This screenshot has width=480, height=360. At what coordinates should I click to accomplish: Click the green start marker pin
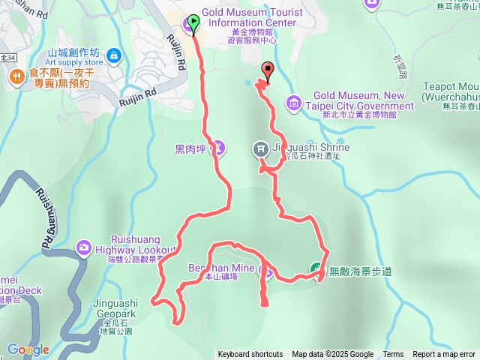point(195,24)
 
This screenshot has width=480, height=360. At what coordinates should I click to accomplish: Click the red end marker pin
point(267,71)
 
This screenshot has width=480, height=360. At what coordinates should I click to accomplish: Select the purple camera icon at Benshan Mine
point(264,268)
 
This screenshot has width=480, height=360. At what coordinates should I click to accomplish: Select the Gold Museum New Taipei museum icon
point(293,101)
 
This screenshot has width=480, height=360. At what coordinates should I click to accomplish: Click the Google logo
point(28,349)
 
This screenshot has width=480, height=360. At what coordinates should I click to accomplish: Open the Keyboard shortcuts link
point(250,355)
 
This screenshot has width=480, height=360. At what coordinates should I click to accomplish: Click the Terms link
point(393,355)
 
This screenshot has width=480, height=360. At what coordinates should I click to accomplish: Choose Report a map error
point(444,355)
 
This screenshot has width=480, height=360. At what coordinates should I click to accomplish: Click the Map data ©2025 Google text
point(333,355)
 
